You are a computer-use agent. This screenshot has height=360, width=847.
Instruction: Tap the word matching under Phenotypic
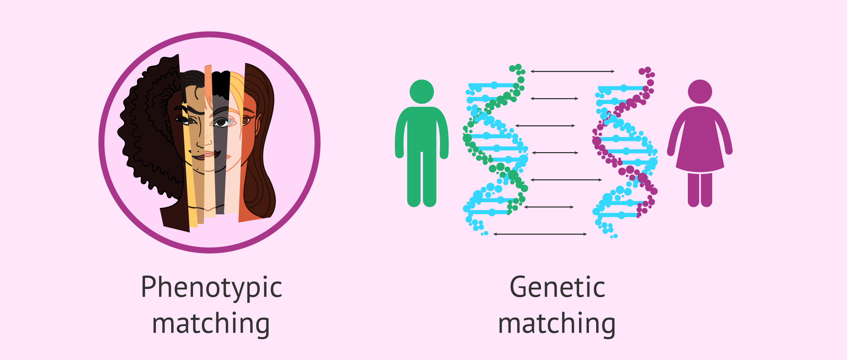pos(211,324)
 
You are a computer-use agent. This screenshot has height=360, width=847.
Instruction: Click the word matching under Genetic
pos(557,324)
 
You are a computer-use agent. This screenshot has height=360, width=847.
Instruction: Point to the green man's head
pos(422,92)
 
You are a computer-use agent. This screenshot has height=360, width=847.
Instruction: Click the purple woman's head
pos(700,92)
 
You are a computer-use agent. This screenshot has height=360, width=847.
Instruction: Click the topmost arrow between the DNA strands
pos(572,71)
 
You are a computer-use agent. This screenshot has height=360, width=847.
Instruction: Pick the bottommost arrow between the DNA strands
pos(540,234)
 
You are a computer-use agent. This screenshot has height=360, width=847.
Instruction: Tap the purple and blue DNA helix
pos(625,148)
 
